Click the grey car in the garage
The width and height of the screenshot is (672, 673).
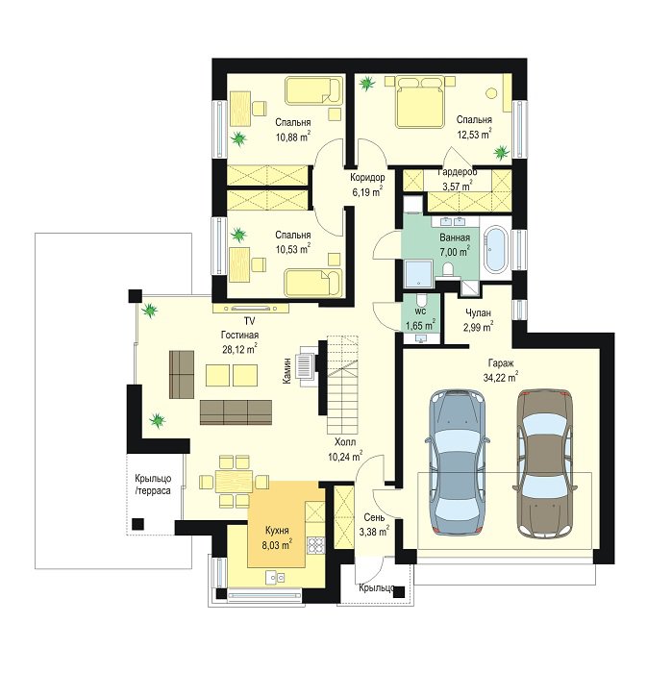(458, 462)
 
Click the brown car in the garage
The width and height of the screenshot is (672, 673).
(545, 462)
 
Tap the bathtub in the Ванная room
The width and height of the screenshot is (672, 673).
(495, 249)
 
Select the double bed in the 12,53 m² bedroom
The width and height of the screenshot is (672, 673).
(420, 102)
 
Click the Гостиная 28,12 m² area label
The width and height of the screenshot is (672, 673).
(240, 342)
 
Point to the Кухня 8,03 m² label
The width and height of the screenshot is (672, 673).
(277, 538)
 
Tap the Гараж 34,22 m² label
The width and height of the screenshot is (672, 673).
(503, 371)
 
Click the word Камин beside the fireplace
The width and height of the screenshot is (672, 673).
(287, 370)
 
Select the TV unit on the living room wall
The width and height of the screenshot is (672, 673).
(250, 308)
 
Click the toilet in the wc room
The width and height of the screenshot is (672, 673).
(421, 299)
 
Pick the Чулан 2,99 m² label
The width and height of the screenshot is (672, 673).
(478, 320)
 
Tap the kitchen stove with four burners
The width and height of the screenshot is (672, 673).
(315, 545)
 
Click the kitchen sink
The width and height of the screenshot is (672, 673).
(275, 578)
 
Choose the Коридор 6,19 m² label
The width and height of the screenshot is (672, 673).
(367, 185)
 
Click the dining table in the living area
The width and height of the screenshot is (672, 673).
(234, 481)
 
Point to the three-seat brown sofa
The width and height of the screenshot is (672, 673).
(236, 412)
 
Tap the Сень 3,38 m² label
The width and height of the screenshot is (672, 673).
(374, 525)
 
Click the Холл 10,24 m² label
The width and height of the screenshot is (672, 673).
(345, 449)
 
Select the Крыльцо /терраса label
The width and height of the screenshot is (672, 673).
(153, 485)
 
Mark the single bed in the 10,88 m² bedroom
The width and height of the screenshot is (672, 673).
(314, 90)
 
